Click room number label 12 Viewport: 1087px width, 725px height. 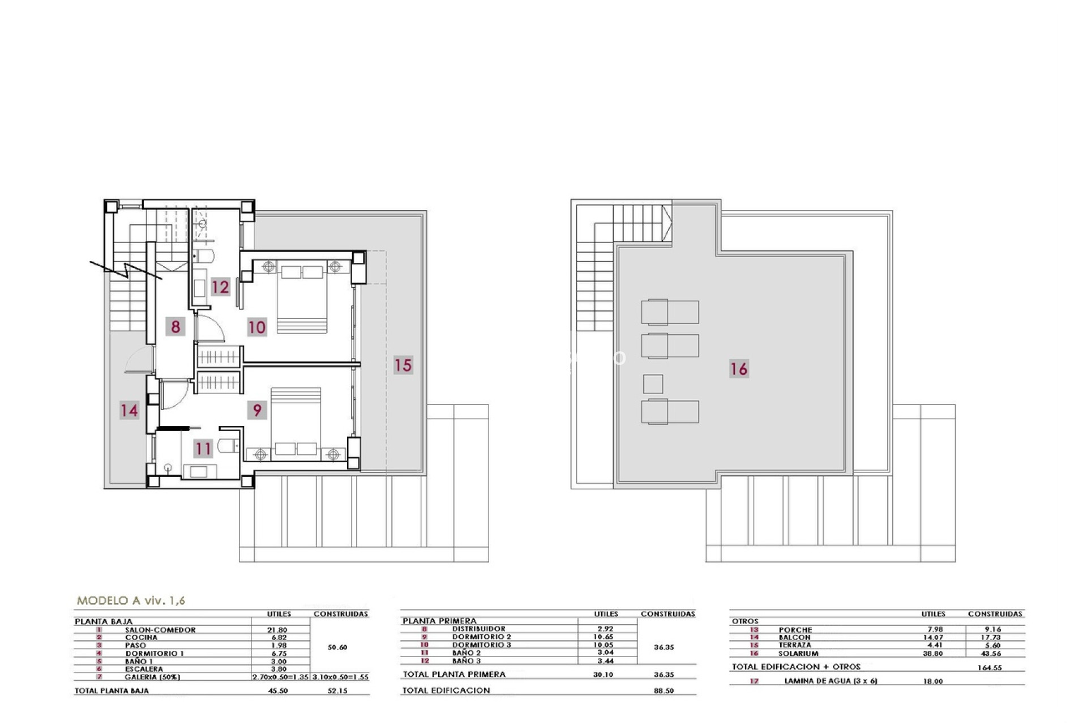pyautogui.click(x=220, y=287)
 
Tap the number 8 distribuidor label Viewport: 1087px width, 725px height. pyautogui.click(x=176, y=327)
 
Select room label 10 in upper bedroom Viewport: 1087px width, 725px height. pyautogui.click(x=256, y=327)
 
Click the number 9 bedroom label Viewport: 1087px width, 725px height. pyautogui.click(x=257, y=410)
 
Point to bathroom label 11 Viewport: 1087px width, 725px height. pyautogui.click(x=203, y=449)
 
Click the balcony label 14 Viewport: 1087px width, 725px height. pyautogui.click(x=129, y=410)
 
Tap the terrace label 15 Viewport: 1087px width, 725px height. pyautogui.click(x=403, y=365)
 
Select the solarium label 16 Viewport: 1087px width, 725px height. pyautogui.click(x=739, y=369)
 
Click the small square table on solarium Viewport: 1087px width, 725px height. pyautogui.click(x=653, y=384)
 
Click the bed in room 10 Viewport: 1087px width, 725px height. pyautogui.click(x=302, y=297)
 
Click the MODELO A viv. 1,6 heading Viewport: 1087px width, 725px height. pyautogui.click(x=131, y=601)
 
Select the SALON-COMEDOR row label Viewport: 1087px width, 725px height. pyautogui.click(x=160, y=630)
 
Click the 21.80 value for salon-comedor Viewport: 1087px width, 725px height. pyautogui.click(x=277, y=630)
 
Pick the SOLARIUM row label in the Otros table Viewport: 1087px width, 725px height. pyautogui.click(x=798, y=654)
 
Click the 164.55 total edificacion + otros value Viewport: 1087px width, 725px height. pyautogui.click(x=989, y=668)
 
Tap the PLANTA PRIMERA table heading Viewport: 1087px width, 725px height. pyautogui.click(x=439, y=621)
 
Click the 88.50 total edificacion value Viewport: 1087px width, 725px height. pyautogui.click(x=664, y=690)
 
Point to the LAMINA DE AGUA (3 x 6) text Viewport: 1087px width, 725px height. pyautogui.click(x=831, y=681)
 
